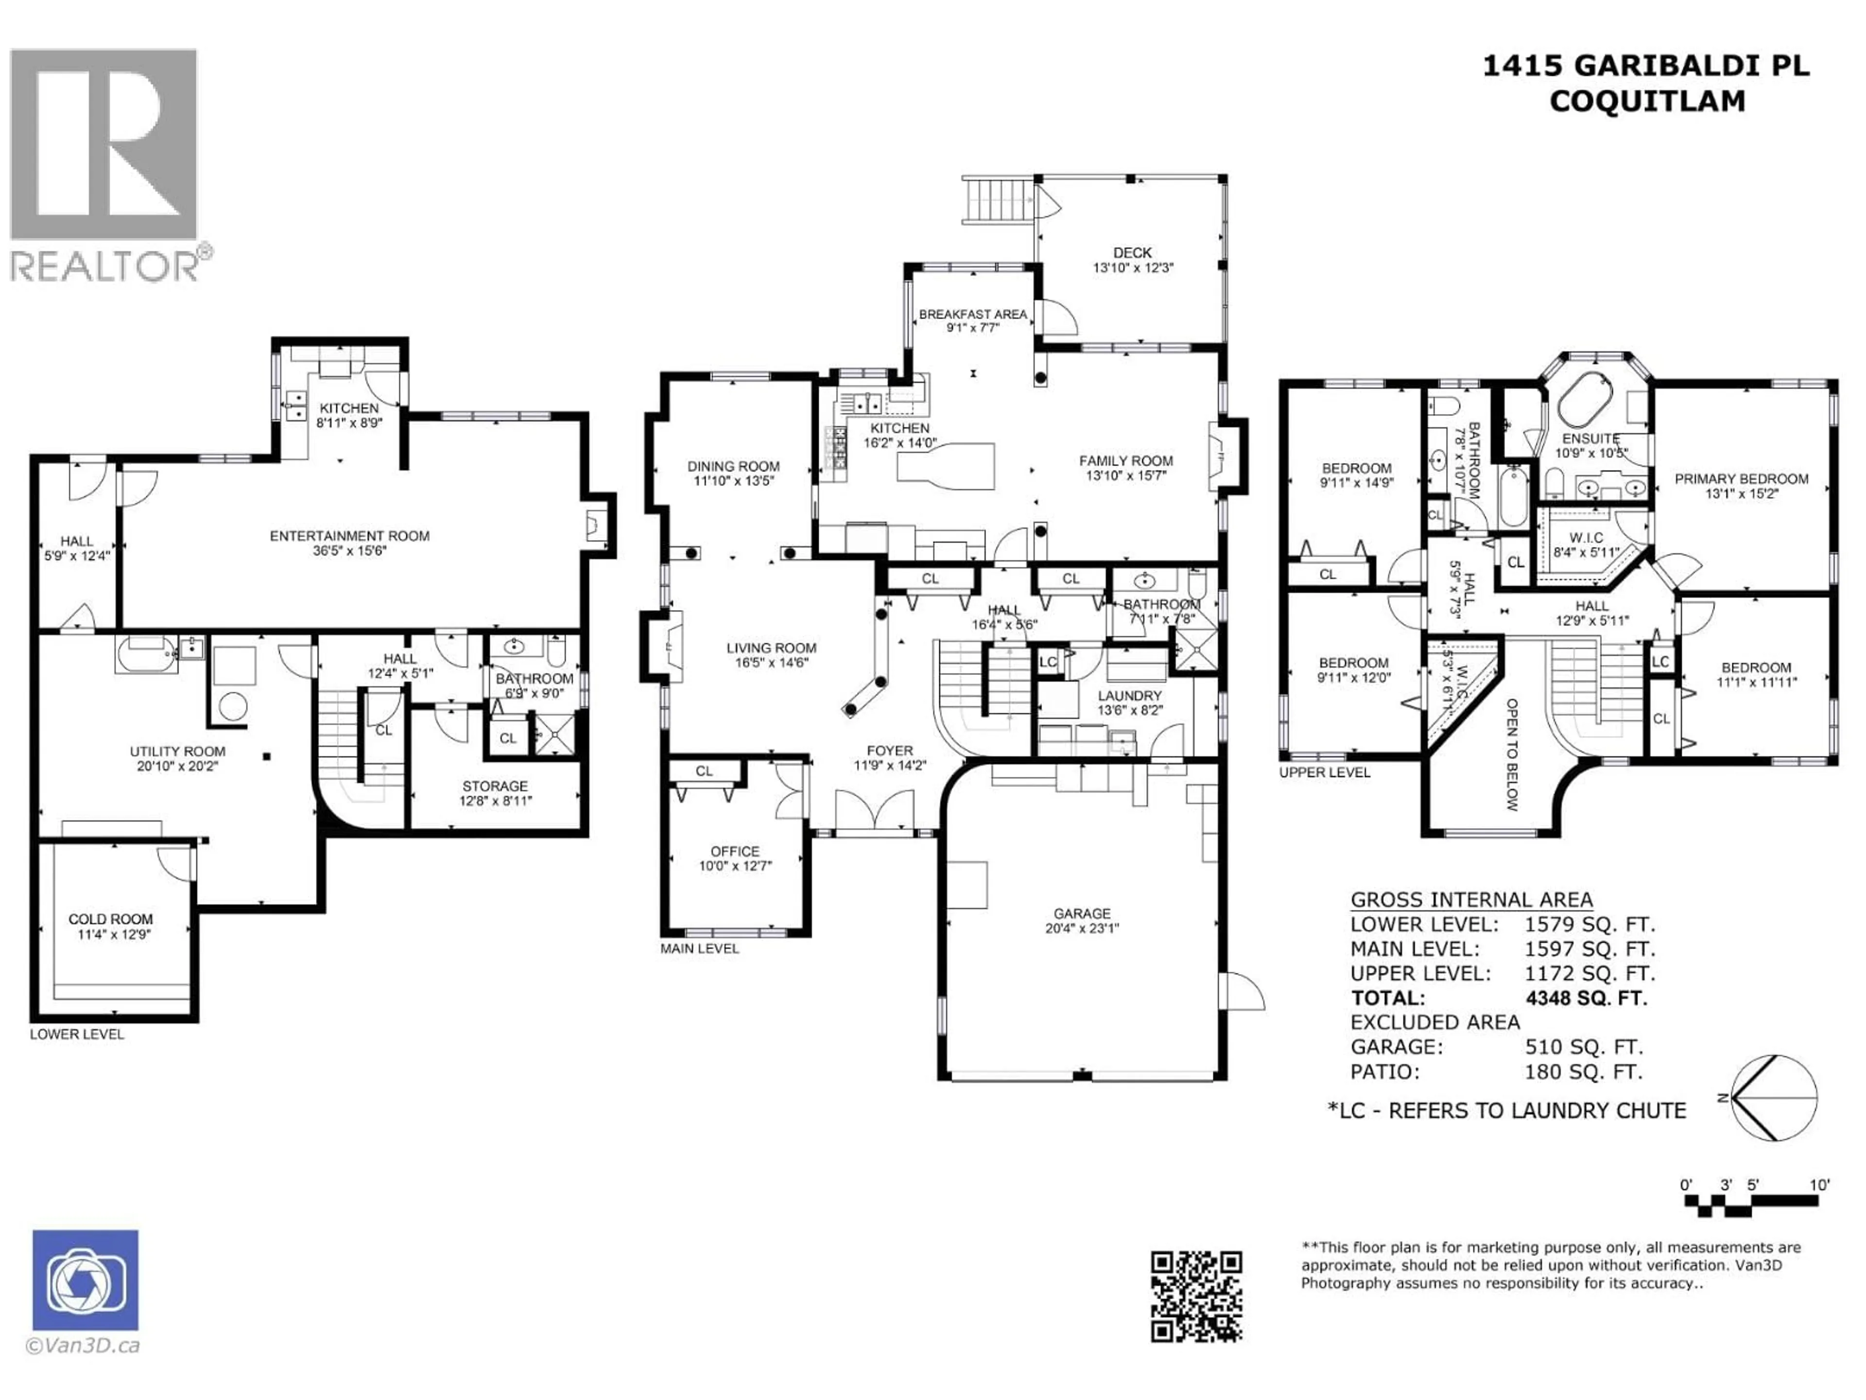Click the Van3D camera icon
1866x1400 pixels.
pos(85,1279)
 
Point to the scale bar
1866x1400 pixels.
pos(1750,1203)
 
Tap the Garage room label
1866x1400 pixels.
pos(1082,913)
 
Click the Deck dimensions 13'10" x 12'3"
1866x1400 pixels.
pos(1133,267)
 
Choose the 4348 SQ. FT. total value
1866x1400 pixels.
pos(1586,998)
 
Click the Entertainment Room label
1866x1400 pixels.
pos(349,536)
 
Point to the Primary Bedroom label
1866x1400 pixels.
pos(1741,478)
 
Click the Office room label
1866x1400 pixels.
pos(735,852)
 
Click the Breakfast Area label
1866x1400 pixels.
pos(973,314)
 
